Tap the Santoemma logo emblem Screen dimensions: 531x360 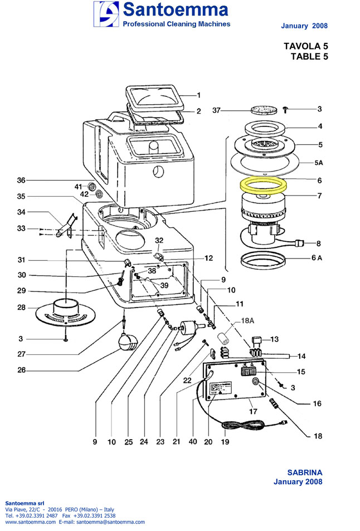(x=105, y=14)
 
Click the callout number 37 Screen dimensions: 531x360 (x=220, y=111)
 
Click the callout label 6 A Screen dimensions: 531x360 (x=317, y=257)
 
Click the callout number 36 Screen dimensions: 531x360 (x=21, y=180)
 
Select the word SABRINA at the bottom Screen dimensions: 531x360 (x=304, y=472)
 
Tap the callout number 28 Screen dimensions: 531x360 (x=21, y=308)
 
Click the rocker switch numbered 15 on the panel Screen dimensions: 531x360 (x=247, y=371)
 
